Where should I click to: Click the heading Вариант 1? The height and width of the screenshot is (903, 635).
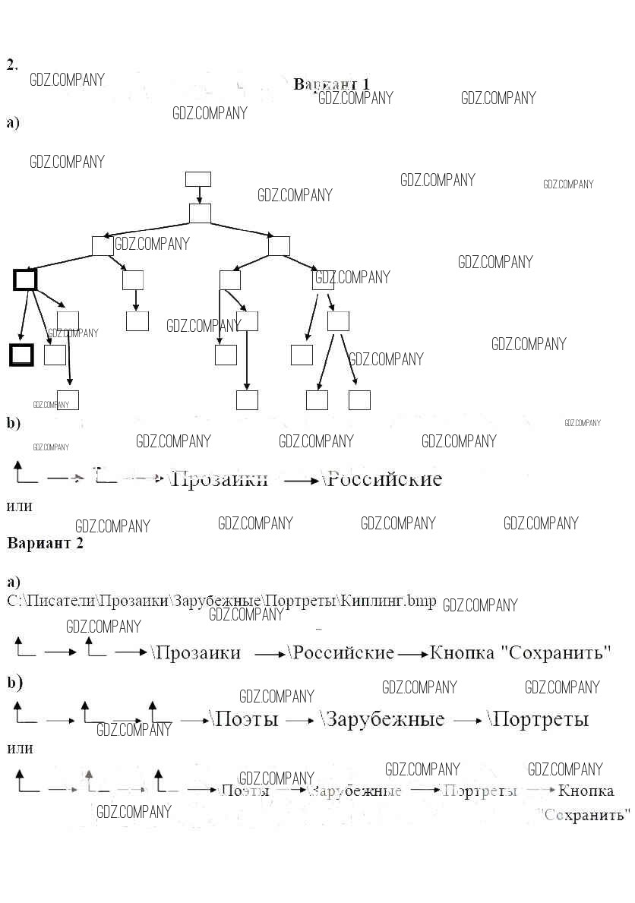pyautogui.click(x=332, y=84)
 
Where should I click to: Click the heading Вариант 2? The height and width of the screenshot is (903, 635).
pyautogui.click(x=45, y=543)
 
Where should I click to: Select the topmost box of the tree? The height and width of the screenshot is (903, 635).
pyautogui.click(x=198, y=179)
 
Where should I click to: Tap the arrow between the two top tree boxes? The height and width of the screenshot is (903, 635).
pyautogui.click(x=199, y=195)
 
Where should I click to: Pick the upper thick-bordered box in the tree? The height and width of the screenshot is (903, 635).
pyautogui.click(x=25, y=279)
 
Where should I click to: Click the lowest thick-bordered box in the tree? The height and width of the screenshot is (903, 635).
pyautogui.click(x=21, y=355)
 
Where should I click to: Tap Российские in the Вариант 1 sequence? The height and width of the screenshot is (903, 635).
pyautogui.click(x=383, y=479)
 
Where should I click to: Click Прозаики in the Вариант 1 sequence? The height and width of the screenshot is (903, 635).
pyautogui.click(x=220, y=479)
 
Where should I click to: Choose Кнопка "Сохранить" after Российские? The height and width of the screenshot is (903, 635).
pyautogui.click(x=520, y=652)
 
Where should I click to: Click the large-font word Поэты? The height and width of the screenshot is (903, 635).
pyautogui.click(x=245, y=718)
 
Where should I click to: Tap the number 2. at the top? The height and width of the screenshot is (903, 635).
pyautogui.click(x=12, y=65)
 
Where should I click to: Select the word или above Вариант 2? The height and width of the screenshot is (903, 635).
pyautogui.click(x=19, y=505)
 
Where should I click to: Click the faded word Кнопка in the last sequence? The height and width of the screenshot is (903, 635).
pyautogui.click(x=586, y=791)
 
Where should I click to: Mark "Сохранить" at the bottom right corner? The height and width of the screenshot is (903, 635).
pyautogui.click(x=589, y=815)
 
